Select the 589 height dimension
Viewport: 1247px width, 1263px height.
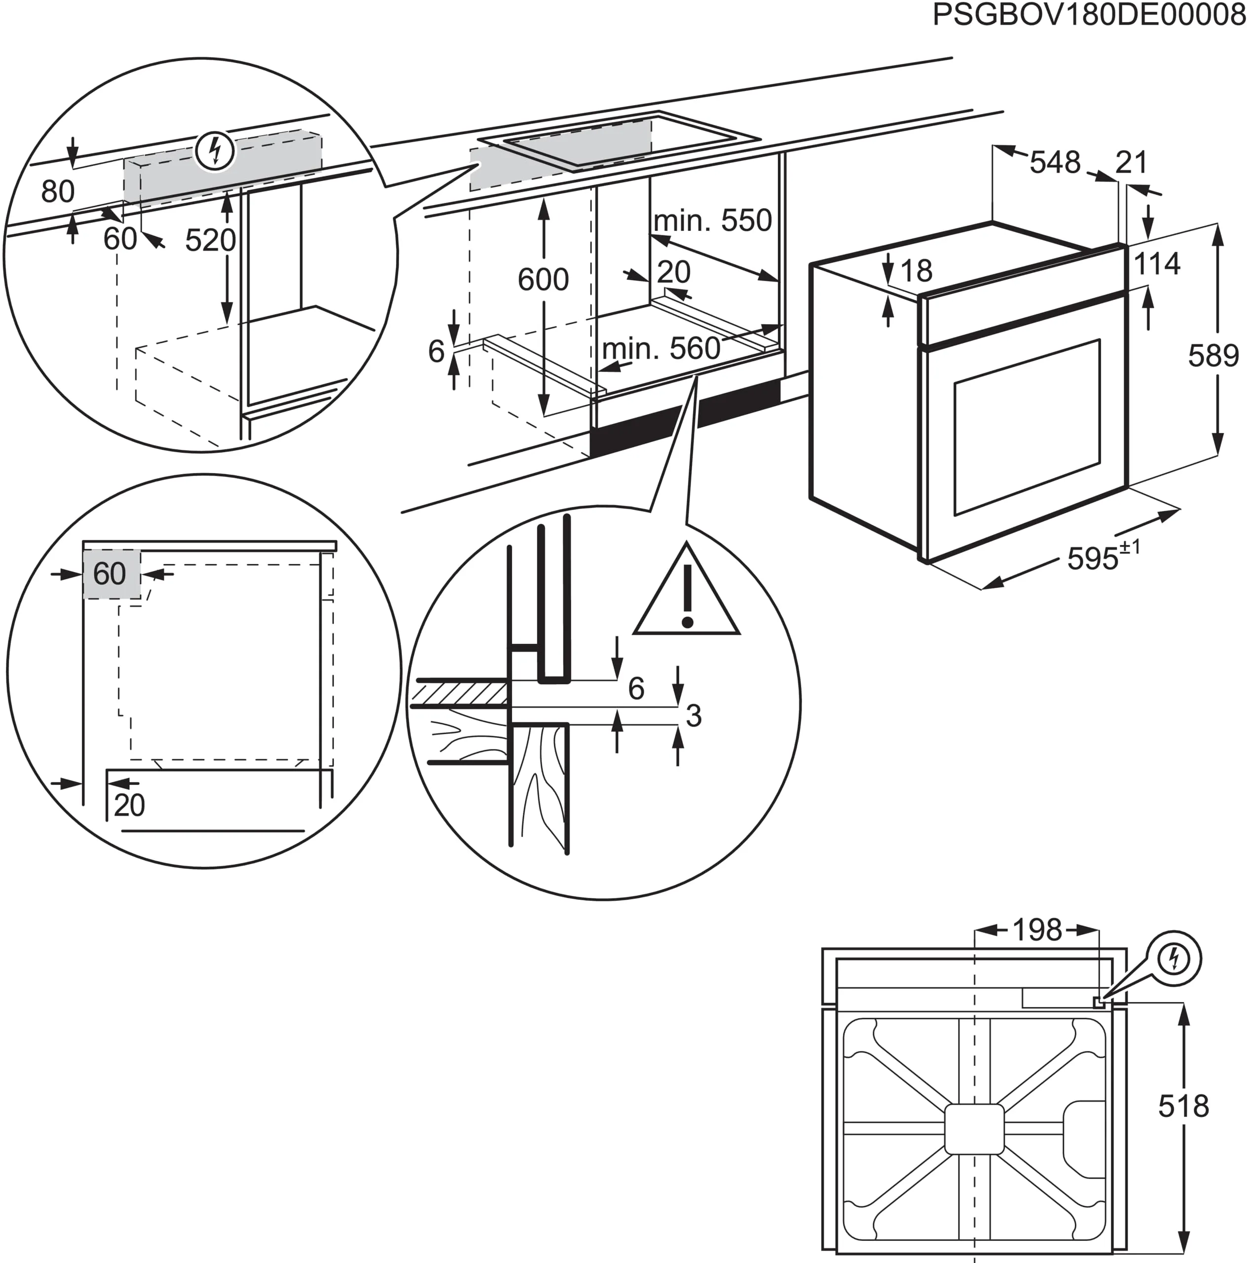pyautogui.click(x=1213, y=356)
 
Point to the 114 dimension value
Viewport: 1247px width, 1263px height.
pyautogui.click(x=1156, y=264)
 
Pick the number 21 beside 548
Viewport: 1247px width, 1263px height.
pyautogui.click(x=1131, y=162)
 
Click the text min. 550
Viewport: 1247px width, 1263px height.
pyautogui.click(x=712, y=221)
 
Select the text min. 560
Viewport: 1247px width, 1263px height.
pyautogui.click(x=661, y=349)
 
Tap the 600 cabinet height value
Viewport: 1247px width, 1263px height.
pyautogui.click(x=543, y=280)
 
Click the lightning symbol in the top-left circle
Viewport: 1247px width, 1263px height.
pyautogui.click(x=215, y=151)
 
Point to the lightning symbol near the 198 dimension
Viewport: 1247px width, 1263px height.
pyautogui.click(x=1174, y=959)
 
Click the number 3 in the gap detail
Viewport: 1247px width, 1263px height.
pyautogui.click(x=694, y=716)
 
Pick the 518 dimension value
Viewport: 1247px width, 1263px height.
pyautogui.click(x=1183, y=1107)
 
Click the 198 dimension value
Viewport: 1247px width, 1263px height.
pyautogui.click(x=1037, y=929)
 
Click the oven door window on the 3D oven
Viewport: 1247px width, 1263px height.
pyautogui.click(x=1027, y=426)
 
